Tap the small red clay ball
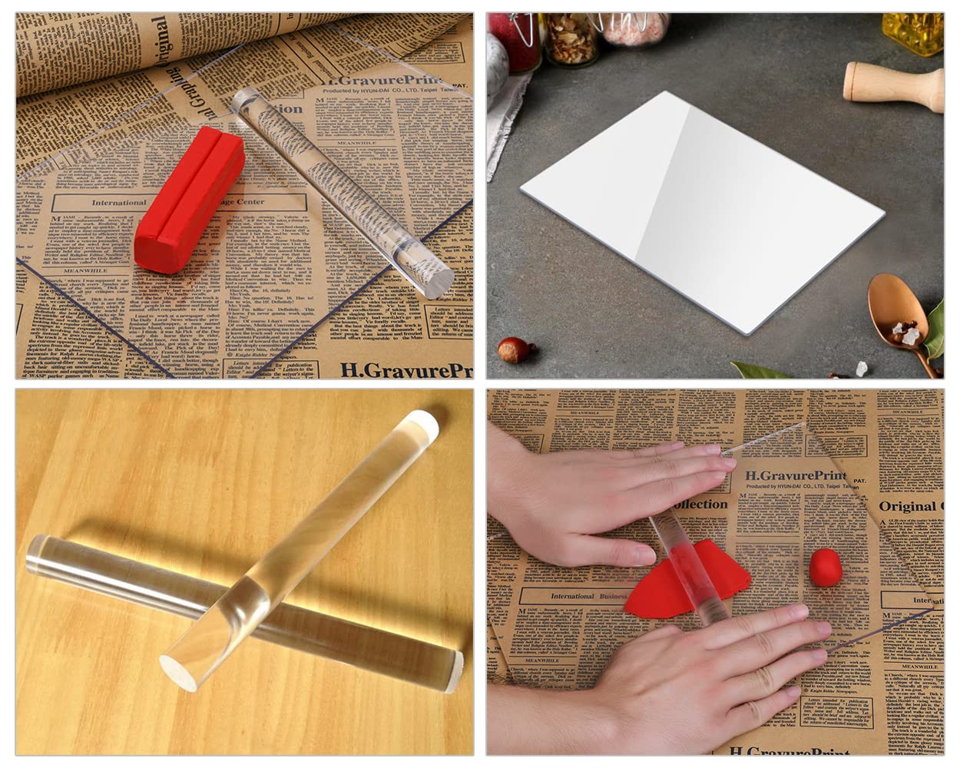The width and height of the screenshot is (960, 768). click(x=825, y=567)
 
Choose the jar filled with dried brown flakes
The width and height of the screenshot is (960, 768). click(x=570, y=38)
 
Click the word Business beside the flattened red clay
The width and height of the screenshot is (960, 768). click(x=614, y=595)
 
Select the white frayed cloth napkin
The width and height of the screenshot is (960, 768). click(x=507, y=115)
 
